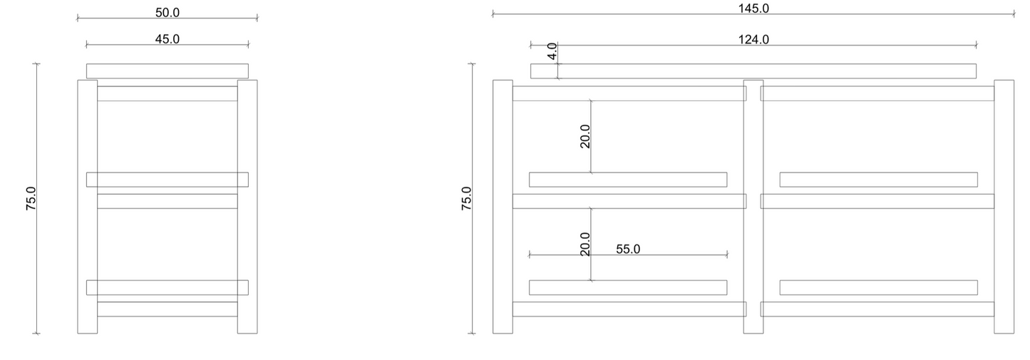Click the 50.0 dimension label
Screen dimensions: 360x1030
(x=167, y=12)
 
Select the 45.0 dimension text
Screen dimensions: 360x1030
(x=167, y=39)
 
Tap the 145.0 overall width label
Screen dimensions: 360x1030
(x=753, y=9)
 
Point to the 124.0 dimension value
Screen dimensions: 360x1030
(x=753, y=39)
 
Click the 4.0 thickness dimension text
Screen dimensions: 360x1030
(x=552, y=51)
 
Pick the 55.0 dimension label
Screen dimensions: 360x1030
(x=628, y=249)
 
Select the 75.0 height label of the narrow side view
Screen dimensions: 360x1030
(x=31, y=199)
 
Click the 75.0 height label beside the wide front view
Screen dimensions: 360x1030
(x=466, y=199)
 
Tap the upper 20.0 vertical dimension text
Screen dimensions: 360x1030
(x=585, y=135)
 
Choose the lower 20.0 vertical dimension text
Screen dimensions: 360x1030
(x=585, y=244)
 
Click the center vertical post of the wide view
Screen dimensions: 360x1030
(x=753, y=206)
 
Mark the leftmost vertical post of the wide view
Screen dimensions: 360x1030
(x=503, y=206)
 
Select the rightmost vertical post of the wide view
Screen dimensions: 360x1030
(x=1004, y=206)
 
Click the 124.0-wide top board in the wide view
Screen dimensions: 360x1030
(x=753, y=71)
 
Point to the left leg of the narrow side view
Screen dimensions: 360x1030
(x=87, y=206)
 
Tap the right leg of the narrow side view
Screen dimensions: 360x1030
(x=247, y=206)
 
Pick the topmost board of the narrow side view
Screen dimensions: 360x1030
(x=167, y=71)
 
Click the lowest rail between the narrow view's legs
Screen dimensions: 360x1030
(x=167, y=309)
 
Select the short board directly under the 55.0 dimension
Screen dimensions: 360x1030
(x=628, y=287)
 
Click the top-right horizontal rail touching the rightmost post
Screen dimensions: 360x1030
(x=877, y=93)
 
